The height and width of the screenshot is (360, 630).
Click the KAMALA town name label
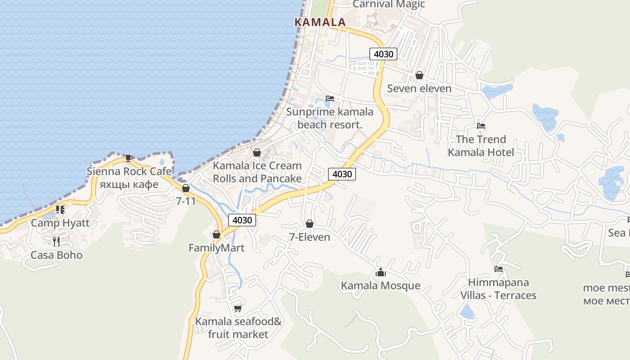click(x=320, y=22)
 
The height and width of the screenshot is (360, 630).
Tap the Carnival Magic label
click(x=388, y=4)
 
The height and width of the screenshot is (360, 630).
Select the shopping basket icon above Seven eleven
click(x=419, y=75)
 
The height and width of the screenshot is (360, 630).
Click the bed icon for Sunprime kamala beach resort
click(x=330, y=99)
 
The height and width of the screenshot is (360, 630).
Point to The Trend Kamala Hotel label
click(x=481, y=146)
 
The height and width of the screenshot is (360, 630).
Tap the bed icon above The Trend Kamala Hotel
click(x=481, y=126)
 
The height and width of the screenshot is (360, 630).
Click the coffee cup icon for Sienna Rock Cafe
click(x=129, y=157)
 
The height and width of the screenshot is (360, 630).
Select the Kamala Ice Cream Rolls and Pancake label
click(x=257, y=172)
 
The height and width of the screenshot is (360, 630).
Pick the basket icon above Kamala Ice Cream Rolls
click(x=257, y=153)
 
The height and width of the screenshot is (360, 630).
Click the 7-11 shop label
click(x=186, y=201)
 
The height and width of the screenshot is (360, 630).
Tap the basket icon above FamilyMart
click(x=216, y=234)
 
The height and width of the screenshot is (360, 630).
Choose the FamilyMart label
click(x=216, y=248)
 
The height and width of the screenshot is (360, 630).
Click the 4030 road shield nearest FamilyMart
click(x=242, y=220)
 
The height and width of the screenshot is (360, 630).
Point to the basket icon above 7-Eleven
click(x=310, y=224)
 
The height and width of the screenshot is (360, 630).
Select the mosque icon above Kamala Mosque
click(x=381, y=272)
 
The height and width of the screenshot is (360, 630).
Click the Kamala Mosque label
click(x=381, y=286)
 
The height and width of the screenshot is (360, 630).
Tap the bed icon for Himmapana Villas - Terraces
click(x=498, y=269)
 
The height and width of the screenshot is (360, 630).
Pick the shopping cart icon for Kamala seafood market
click(x=238, y=308)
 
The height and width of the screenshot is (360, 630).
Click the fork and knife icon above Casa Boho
click(x=56, y=242)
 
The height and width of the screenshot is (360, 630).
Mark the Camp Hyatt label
click(x=60, y=223)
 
